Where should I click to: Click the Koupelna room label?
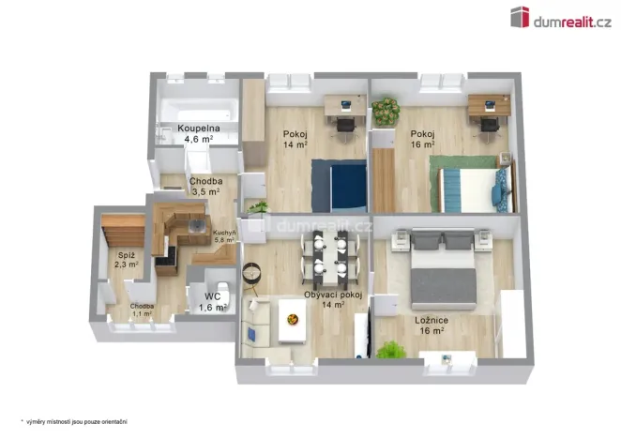pos(198,128)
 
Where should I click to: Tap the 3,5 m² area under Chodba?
pos(204,191)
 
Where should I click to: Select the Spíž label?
pos(126,254)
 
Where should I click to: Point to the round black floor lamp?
pos(252,272)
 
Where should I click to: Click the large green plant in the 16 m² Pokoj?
pos(385,113)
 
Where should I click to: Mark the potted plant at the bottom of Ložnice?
pos(386,350)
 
